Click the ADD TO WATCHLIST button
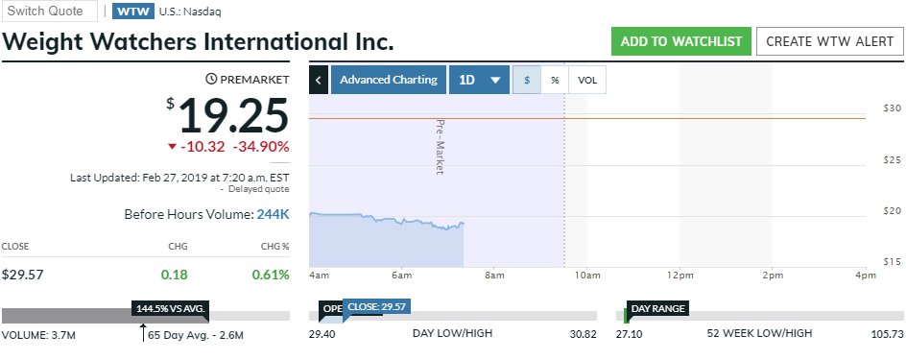point(680,41)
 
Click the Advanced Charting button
point(388,80)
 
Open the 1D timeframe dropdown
point(479,80)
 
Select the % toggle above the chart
point(555,80)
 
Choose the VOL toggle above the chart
point(587,80)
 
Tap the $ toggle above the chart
point(526,80)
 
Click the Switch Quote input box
point(51,11)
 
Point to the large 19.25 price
point(233,116)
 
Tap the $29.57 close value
point(23,275)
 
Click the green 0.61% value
point(271,275)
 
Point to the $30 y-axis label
point(891,108)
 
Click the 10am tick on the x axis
point(586,276)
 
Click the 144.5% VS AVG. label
point(171,309)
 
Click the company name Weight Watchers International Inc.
point(199,43)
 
